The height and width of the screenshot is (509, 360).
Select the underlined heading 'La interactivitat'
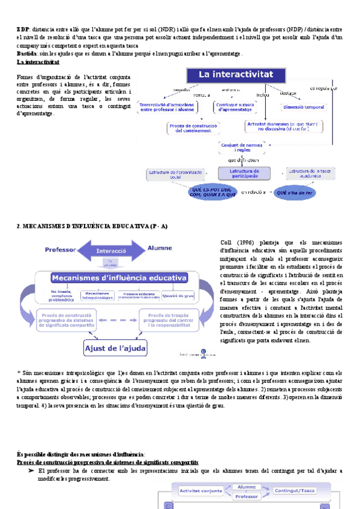tap(38, 62)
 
